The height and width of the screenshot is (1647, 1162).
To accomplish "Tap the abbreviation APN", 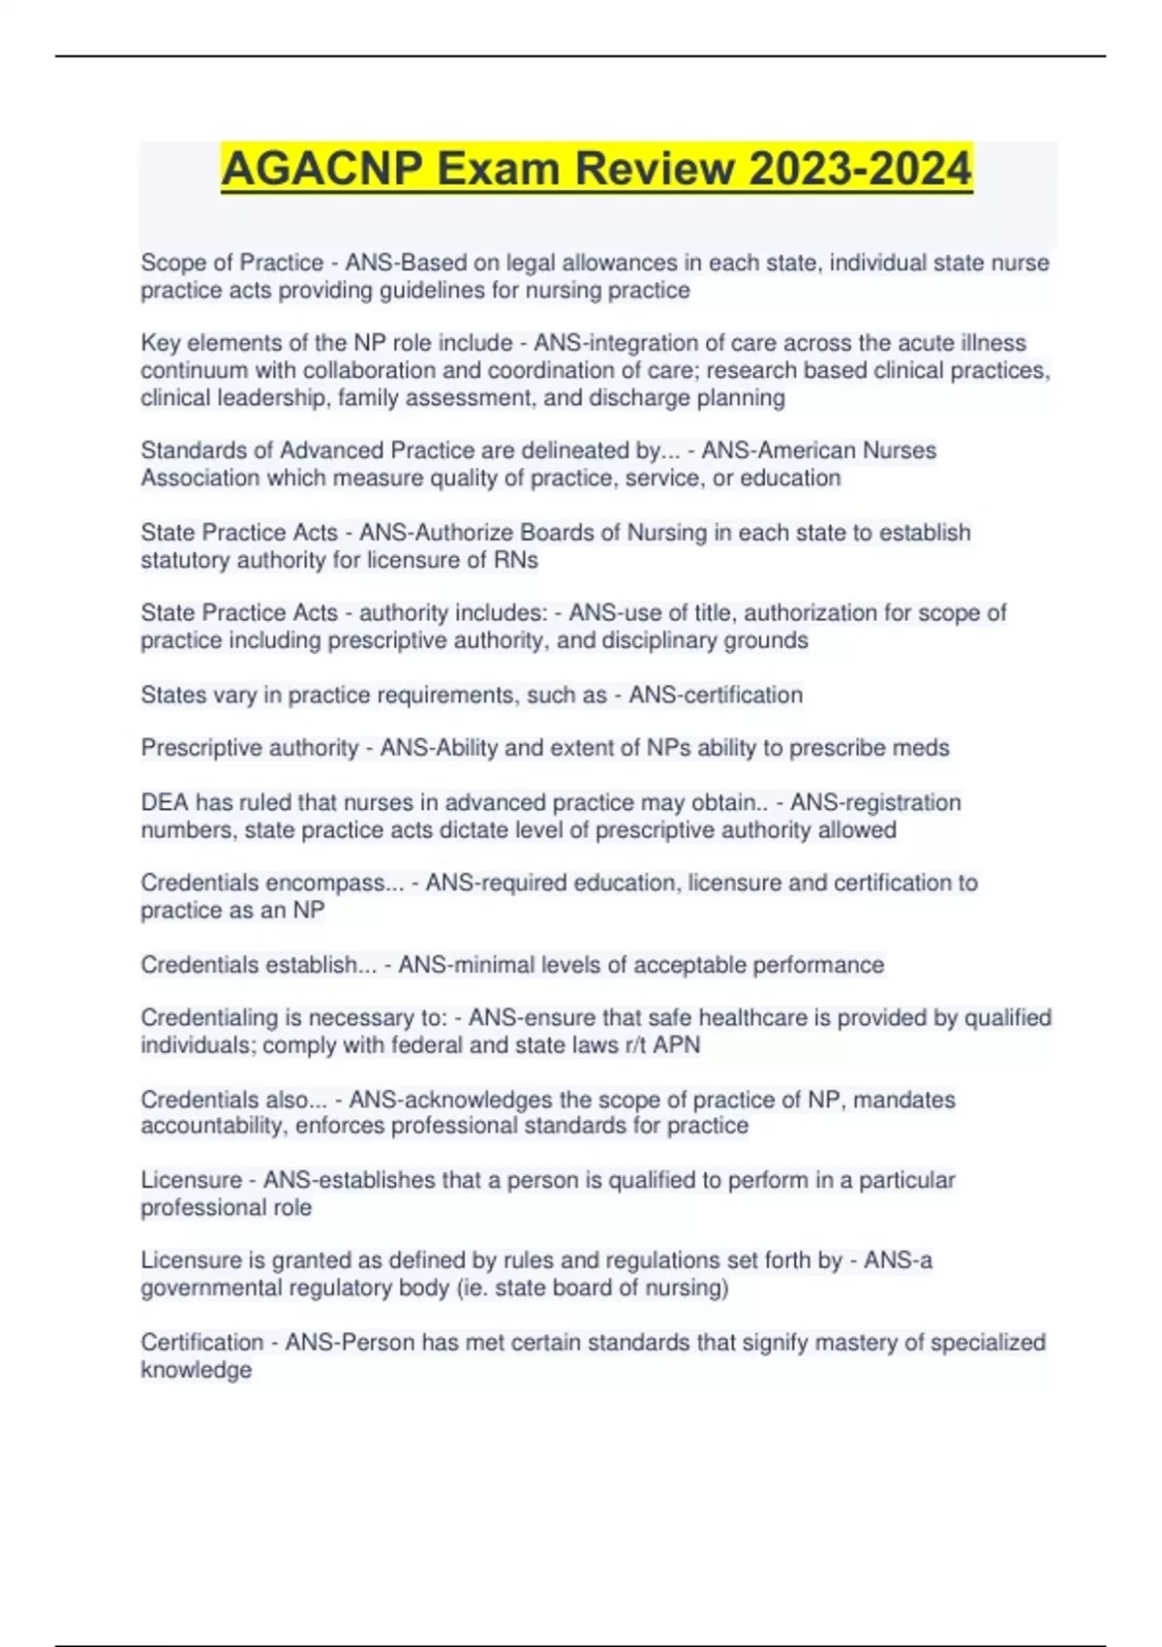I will point(677,1044).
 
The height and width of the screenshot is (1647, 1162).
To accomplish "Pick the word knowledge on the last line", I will point(196,1370).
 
